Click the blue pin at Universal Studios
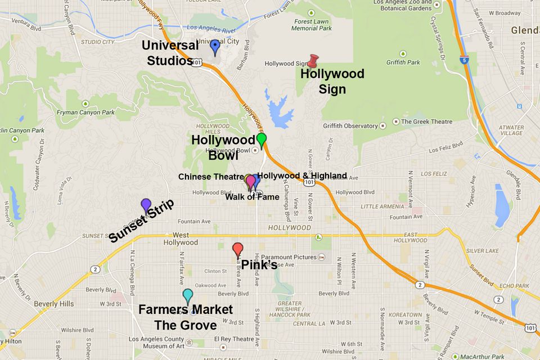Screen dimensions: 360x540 click(215, 47)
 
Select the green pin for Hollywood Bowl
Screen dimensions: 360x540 click(262, 140)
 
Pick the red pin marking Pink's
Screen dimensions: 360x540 click(238, 249)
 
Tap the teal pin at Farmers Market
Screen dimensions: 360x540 click(188, 296)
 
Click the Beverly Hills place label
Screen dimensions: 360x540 click(54, 304)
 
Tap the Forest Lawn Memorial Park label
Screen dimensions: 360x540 click(312, 25)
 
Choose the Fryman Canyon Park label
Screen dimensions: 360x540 click(85, 112)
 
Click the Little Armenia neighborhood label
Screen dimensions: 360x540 click(381, 206)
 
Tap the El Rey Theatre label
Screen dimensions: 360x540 click(235, 339)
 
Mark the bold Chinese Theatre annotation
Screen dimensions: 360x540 click(211, 177)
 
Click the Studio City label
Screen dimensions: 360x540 click(97, 42)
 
